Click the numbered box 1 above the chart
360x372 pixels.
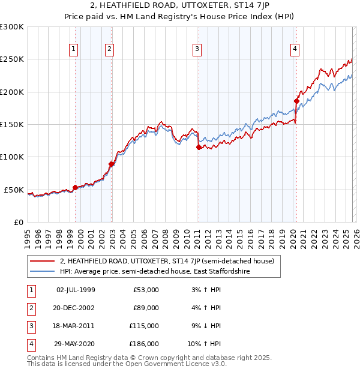73,49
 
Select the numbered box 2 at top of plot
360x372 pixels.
110,49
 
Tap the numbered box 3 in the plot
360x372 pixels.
197,49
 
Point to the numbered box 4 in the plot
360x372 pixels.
295,49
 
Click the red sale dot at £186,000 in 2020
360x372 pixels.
296,101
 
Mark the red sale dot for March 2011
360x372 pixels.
199,147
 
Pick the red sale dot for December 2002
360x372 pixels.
111,164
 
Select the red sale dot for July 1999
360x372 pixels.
75,187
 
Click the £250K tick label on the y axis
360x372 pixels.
12,59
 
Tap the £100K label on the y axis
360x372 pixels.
12,157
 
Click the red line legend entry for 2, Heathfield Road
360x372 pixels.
167,261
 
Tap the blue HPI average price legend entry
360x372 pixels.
154,272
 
